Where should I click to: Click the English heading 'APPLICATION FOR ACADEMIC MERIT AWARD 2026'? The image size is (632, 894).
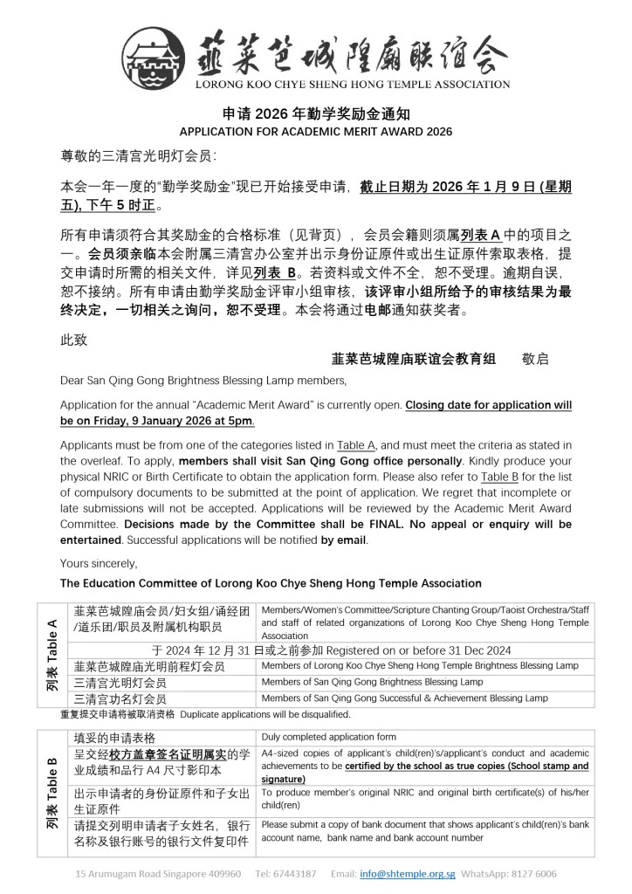pos(315,132)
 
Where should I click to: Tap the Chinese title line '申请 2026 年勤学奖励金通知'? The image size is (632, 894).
pos(315,114)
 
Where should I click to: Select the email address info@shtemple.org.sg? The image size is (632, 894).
pos(407,873)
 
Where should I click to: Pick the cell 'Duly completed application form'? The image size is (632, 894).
pos(329,737)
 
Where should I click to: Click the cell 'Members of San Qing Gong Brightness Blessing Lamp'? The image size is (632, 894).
pos(372,682)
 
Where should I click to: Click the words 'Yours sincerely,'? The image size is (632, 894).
pos(99,562)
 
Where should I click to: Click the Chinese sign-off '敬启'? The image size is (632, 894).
pos(535,358)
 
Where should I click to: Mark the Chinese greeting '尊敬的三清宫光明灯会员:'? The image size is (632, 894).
pos(138,156)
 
